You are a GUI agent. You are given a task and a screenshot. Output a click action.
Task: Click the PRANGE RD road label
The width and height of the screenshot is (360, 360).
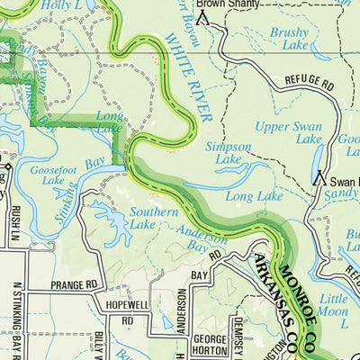point(78,285)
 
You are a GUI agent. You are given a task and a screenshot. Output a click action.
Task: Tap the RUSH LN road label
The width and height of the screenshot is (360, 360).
point(15,225)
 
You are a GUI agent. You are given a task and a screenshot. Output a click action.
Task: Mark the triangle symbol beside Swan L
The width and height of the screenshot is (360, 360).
point(318,178)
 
